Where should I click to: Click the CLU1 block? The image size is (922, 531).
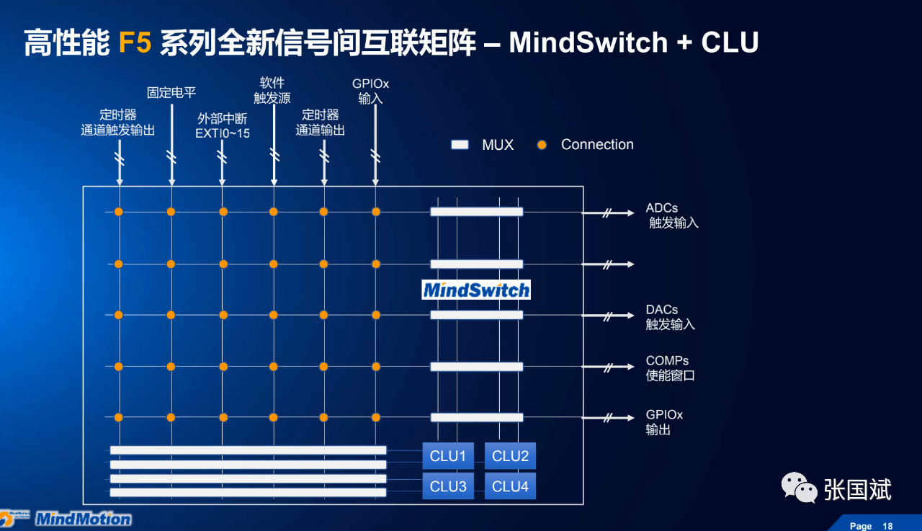[448, 456]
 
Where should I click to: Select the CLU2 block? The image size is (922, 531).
[510, 456]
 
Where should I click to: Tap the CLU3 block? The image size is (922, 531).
[448, 486]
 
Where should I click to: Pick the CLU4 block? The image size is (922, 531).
[510, 486]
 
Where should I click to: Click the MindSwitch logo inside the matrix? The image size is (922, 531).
[476, 290]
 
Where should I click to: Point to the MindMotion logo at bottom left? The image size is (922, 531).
[83, 519]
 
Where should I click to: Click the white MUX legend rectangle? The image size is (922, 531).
[460, 145]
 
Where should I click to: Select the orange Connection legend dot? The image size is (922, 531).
[542, 145]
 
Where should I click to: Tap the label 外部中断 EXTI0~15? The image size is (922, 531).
[223, 125]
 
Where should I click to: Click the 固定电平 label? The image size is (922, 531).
[171, 92]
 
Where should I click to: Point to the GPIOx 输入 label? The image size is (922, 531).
[370, 92]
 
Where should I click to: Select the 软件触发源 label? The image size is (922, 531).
[272, 90]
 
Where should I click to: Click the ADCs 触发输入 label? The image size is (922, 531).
[672, 215]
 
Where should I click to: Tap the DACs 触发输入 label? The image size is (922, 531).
[670, 317]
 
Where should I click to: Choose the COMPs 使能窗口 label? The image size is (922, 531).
[670, 368]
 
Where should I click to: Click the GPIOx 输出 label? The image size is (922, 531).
[663, 422]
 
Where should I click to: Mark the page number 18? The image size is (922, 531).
[888, 526]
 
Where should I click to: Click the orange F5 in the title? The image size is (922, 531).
[135, 43]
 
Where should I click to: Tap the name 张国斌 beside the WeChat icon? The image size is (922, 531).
[857, 490]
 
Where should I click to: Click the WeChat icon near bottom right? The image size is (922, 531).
[799, 488]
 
